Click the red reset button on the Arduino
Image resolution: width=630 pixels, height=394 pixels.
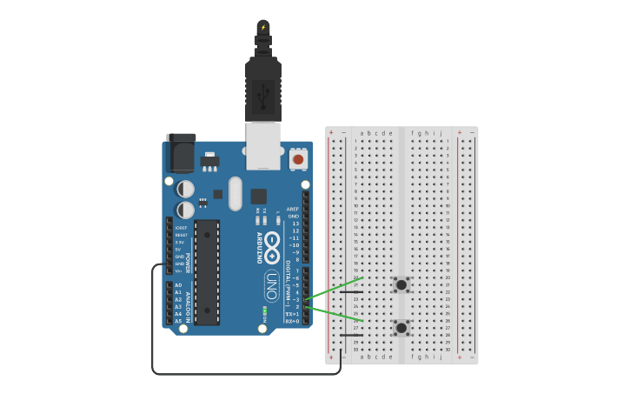(298, 159)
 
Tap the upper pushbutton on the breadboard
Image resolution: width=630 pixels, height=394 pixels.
(401, 284)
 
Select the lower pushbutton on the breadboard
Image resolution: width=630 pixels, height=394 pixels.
(401, 328)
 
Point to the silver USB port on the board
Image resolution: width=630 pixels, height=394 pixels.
(262, 145)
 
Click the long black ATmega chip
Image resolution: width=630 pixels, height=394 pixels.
(207, 272)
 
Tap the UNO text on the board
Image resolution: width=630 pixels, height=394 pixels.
(271, 286)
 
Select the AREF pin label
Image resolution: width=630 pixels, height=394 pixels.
(293, 209)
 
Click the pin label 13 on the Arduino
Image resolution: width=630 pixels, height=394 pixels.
(295, 224)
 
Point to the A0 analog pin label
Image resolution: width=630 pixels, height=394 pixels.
(178, 285)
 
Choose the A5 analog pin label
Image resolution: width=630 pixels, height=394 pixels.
(178, 321)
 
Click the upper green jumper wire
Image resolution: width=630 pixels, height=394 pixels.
(334, 289)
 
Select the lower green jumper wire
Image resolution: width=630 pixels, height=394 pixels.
(334, 314)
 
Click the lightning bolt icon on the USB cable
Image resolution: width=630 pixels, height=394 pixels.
(263, 27)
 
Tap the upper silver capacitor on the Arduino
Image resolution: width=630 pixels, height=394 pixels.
(186, 189)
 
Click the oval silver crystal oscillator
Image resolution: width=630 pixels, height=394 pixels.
(235, 193)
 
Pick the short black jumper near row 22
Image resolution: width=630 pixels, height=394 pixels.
(351, 292)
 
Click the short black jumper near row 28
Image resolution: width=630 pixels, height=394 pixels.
(351, 335)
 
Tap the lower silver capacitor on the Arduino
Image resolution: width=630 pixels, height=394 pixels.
(186, 210)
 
